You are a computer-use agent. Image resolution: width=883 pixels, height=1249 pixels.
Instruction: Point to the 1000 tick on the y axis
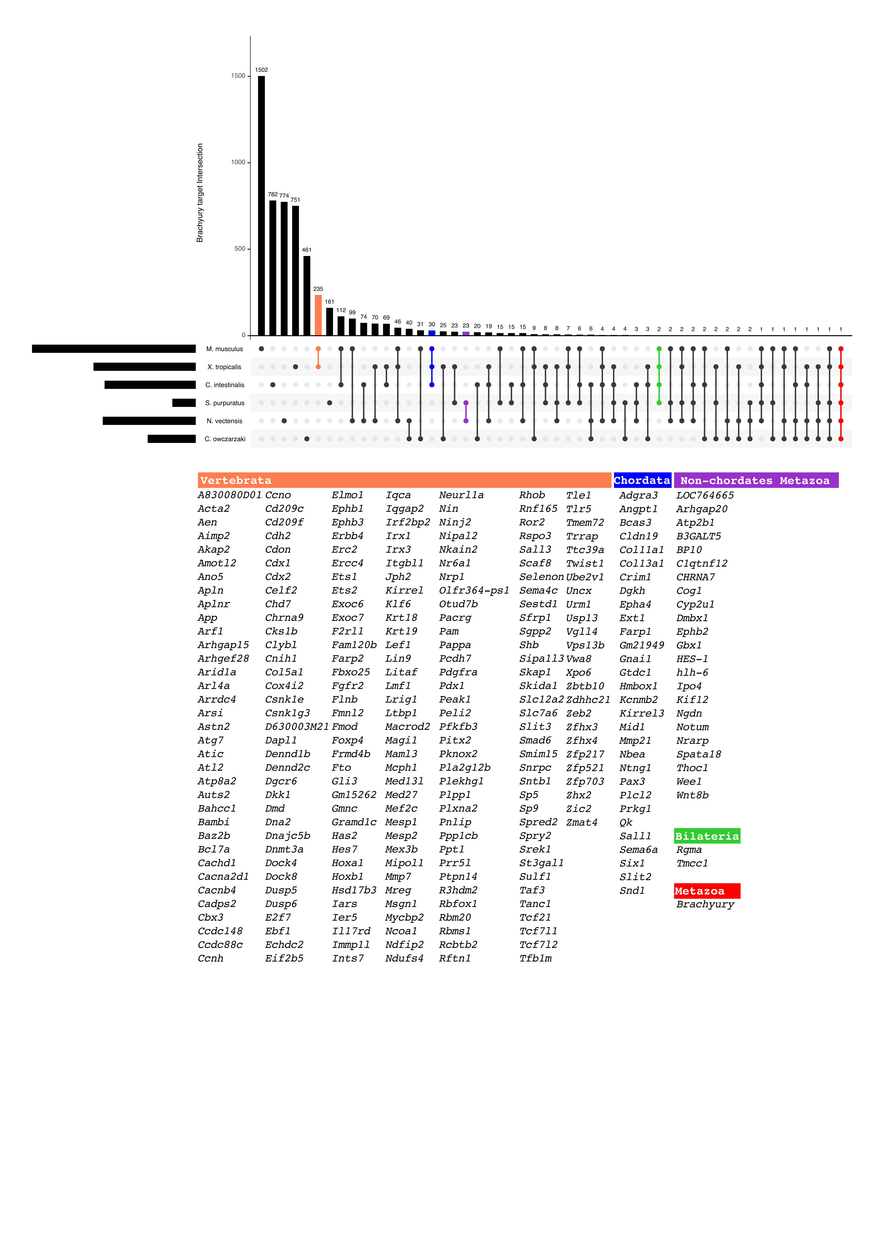(238, 162)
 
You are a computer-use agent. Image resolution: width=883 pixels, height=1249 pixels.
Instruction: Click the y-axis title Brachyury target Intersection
(200, 193)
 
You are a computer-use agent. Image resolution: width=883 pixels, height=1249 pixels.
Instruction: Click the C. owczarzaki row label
(225, 439)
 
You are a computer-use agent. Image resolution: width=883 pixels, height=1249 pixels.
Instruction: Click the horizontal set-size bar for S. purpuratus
(184, 403)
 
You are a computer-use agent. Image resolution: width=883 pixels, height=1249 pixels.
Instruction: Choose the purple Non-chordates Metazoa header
(756, 480)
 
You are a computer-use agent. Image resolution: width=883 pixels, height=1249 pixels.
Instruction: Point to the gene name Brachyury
(705, 904)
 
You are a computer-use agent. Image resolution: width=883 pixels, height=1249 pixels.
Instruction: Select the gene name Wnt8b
(692, 795)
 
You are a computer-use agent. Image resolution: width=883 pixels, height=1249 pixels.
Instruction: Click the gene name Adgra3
(638, 495)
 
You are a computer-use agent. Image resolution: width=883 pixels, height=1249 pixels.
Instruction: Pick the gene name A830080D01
(230, 495)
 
